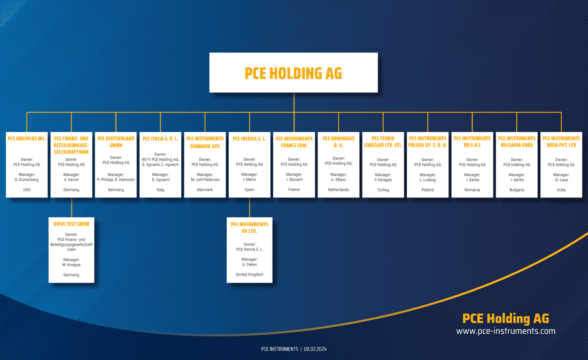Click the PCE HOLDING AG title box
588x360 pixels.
coord(293,72)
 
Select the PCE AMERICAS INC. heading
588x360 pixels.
coord(27,139)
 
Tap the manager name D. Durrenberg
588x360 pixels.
coord(27,180)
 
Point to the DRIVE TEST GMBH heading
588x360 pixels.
coord(71,224)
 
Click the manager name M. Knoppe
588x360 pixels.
coord(71,265)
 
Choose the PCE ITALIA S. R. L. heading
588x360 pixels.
coord(160,139)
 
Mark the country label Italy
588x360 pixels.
coord(160,190)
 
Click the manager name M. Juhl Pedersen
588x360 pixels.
coord(205,180)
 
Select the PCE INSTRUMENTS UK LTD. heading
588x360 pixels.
coord(250,227)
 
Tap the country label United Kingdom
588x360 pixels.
coord(250,274)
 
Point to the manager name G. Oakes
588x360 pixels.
coord(250,264)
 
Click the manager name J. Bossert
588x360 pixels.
coord(294,179)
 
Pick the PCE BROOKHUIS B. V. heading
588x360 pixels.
coord(338,142)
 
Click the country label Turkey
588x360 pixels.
coord(383,190)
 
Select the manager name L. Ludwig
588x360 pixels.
coord(428,180)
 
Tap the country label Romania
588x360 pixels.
coord(472,190)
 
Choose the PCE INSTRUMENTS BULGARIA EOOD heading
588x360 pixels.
coord(517,142)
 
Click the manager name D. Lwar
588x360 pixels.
coord(561,180)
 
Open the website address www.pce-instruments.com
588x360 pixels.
coord(506,331)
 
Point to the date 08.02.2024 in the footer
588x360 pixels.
coord(315,349)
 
